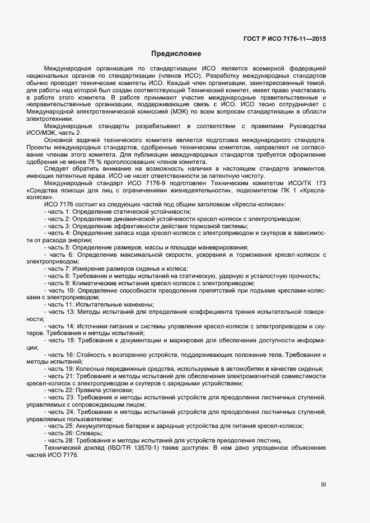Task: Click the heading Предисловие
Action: (x=176, y=54)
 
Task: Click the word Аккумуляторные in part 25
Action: (x=100, y=426)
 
